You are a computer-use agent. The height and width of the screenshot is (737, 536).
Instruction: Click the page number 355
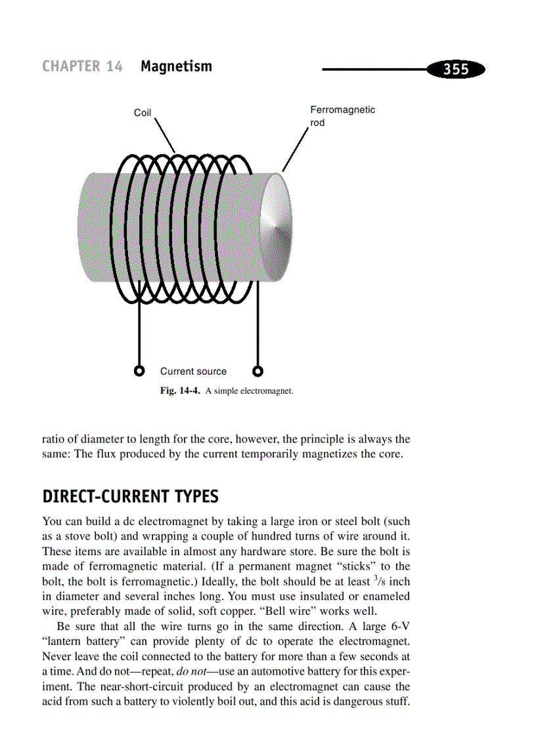point(455,69)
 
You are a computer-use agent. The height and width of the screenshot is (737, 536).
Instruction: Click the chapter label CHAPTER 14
point(82,66)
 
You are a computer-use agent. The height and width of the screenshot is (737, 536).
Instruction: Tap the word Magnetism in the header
point(176,66)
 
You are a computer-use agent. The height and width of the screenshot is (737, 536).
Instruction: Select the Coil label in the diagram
point(143,113)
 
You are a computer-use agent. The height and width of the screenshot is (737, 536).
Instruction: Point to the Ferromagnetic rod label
point(342,116)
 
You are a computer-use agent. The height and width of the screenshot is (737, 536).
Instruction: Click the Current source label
point(193,371)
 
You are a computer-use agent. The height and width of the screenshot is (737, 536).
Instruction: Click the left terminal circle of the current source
point(139,371)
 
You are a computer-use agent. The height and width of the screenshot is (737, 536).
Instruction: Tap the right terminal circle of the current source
point(258,371)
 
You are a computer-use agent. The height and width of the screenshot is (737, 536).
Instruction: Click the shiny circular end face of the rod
point(277,227)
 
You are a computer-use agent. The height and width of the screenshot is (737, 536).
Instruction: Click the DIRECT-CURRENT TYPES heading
point(130,497)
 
